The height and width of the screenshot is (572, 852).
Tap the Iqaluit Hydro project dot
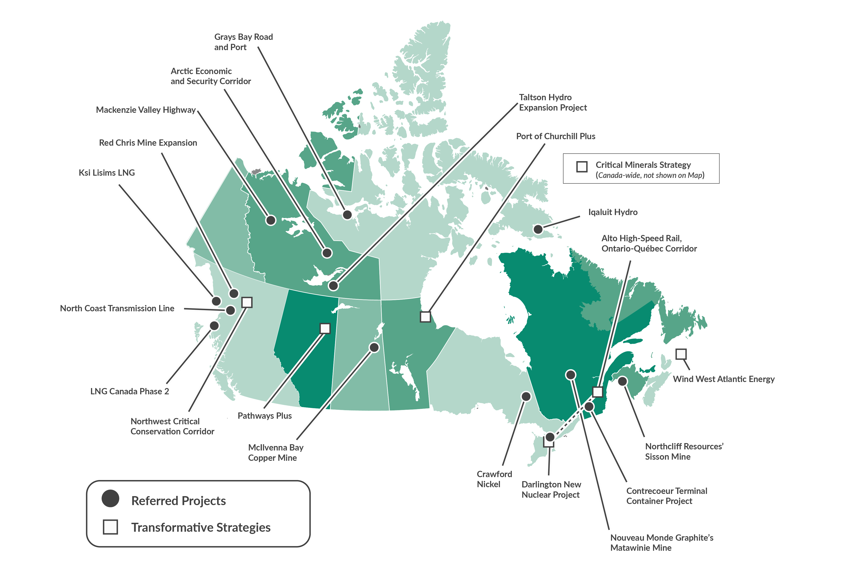pyautogui.click(x=538, y=229)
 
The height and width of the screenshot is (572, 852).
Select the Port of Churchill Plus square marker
pyautogui.click(x=425, y=317)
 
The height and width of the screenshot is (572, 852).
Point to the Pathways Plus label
pyautogui.click(x=264, y=416)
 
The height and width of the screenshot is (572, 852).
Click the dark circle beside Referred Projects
pyautogui.click(x=110, y=499)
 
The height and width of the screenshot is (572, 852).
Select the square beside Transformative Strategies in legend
pyautogui.click(x=110, y=527)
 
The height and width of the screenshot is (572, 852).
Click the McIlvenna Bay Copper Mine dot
pyautogui.click(x=374, y=347)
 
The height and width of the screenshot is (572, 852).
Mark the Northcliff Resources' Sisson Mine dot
pyautogui.click(x=622, y=381)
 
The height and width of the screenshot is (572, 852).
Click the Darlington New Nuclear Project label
pyautogui.click(x=551, y=490)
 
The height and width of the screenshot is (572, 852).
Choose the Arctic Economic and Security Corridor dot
pyautogui.click(x=327, y=253)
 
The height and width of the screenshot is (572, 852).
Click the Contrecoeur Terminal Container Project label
pyautogui.click(x=666, y=496)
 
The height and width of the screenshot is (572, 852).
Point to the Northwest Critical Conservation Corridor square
pyautogui.click(x=247, y=302)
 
